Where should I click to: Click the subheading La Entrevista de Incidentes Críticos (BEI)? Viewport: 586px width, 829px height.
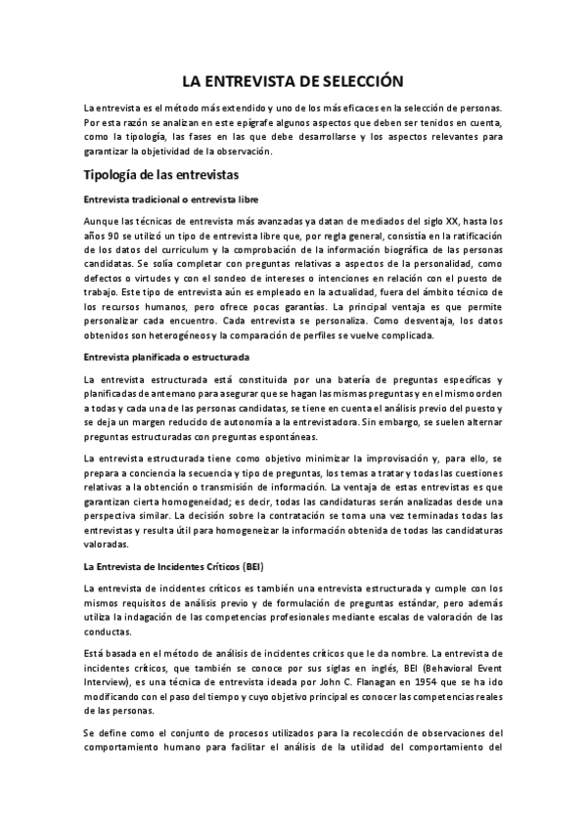coord(175,566)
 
